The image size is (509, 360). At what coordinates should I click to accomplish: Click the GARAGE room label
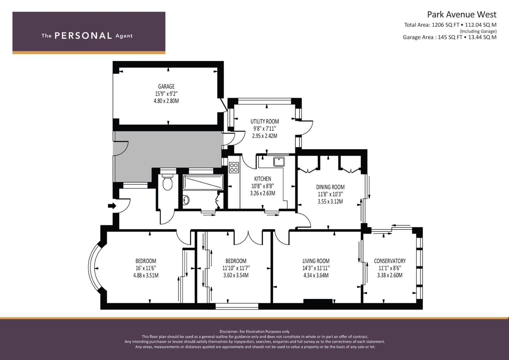166,86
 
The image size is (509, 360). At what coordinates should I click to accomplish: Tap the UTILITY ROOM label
265,121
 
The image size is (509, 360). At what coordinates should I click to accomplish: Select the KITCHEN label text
262,179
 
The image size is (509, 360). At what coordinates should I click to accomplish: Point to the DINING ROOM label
330,187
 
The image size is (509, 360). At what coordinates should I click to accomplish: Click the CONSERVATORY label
390,261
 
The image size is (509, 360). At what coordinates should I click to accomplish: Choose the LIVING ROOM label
316,261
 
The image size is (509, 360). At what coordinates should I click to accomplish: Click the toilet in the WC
168,182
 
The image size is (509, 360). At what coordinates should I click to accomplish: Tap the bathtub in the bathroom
203,182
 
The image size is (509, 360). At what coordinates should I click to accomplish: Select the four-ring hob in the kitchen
234,167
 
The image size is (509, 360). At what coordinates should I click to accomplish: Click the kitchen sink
279,162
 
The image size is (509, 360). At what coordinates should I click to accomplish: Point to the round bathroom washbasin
186,200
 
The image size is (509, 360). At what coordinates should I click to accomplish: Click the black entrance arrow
112,206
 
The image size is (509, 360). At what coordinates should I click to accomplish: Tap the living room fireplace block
318,301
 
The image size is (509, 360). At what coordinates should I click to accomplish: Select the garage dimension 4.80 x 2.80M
166,101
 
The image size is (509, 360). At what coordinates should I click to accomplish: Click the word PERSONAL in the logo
83,36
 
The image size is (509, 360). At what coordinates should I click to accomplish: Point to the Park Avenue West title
462,15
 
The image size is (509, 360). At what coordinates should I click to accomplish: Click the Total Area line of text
450,25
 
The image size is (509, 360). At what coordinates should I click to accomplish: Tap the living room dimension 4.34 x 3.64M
316,275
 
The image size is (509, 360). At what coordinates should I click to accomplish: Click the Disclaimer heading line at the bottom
255,332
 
